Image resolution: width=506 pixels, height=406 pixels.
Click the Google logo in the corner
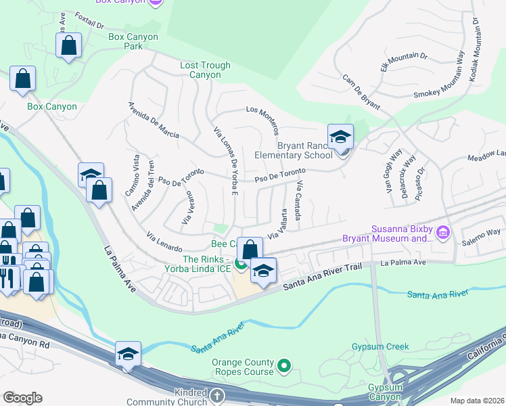(x=22, y=398)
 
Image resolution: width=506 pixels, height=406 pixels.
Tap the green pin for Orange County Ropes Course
(x=285, y=367)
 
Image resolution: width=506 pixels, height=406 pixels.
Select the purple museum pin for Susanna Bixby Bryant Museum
(x=444, y=233)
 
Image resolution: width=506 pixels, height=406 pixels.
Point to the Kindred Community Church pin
(x=216, y=395)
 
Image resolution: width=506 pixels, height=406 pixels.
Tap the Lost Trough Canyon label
(x=205, y=70)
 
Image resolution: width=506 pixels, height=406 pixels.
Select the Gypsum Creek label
(x=380, y=346)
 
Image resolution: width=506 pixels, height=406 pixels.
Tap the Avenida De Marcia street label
(x=154, y=120)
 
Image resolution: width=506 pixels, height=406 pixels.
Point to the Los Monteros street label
(x=262, y=119)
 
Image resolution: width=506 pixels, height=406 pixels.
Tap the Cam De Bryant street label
(x=361, y=93)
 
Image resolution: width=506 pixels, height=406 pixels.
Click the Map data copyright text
(x=477, y=401)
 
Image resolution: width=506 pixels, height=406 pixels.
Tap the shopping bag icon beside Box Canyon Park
(x=69, y=47)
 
